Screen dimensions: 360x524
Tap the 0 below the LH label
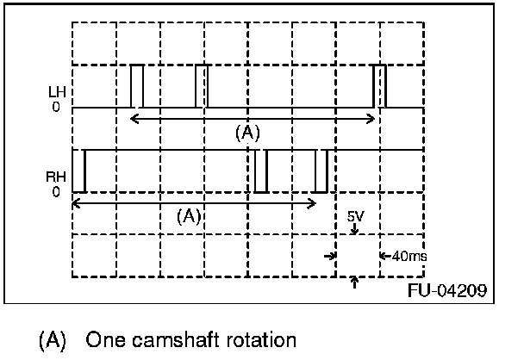pyautogui.click(x=55, y=108)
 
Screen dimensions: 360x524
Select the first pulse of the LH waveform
pyautogui.click(x=137, y=86)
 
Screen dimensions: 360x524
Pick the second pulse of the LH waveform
pyautogui.click(x=202, y=86)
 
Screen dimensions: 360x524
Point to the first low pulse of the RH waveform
pyautogui.click(x=78, y=171)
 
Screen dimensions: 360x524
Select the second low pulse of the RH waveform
pyautogui.click(x=261, y=171)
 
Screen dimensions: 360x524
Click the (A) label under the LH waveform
pyautogui.click(x=247, y=133)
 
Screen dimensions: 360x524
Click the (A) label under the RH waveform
pyautogui.click(x=188, y=216)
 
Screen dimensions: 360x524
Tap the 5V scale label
pyautogui.click(x=355, y=218)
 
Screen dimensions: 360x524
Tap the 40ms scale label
pyautogui.click(x=408, y=255)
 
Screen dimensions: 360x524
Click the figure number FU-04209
pyautogui.click(x=446, y=290)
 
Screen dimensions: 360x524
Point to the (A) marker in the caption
pyautogui.click(x=53, y=338)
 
